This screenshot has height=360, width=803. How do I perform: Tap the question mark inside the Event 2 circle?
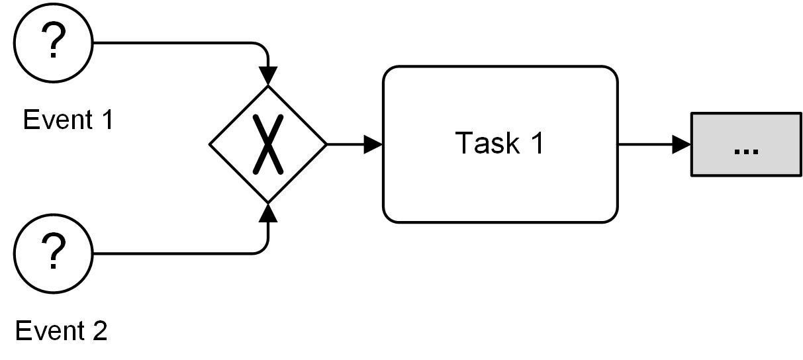[x=54, y=251]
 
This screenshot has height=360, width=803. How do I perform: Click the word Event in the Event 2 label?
[x=48, y=330]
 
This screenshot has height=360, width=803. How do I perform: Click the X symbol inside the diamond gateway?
[x=268, y=144]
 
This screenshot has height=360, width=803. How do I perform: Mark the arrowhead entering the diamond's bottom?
[x=268, y=211]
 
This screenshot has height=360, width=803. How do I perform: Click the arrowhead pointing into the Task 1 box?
[x=374, y=144]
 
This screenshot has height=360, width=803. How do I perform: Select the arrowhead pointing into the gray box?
[x=682, y=144]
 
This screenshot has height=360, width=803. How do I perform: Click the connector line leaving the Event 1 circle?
[x=172, y=43]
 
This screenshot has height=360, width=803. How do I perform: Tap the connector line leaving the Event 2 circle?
[x=172, y=253]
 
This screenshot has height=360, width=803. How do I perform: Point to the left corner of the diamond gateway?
[x=211, y=144]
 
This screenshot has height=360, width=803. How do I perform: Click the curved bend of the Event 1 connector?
[x=264, y=47]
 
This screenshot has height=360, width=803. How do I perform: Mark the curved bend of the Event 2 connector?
[x=264, y=249]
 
